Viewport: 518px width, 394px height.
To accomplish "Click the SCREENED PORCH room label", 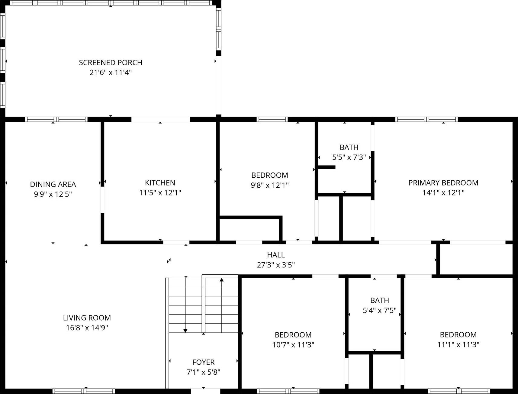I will pos(110,63).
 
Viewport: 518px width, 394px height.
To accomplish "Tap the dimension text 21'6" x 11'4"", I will pos(110,73).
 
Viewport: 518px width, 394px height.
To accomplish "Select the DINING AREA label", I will pos(53,184).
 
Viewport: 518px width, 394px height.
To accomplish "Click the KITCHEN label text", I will pos(160,183).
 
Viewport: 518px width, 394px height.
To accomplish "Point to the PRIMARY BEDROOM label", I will pos(443,183).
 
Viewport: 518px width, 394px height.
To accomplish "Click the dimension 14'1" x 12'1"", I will pos(443,193).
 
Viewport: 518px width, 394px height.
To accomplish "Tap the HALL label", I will pos(275,255).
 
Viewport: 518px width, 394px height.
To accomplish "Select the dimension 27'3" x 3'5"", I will pos(275,265).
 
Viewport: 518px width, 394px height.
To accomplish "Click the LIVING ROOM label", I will pos(87,318).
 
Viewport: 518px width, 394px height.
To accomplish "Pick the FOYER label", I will pos(203,362).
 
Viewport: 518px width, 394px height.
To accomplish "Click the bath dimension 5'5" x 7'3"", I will pos(349,157).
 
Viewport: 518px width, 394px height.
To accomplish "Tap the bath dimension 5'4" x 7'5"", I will pos(379,311).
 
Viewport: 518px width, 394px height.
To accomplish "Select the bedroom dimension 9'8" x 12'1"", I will pos(269,185).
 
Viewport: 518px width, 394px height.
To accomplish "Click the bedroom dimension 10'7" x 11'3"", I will pos(293,345).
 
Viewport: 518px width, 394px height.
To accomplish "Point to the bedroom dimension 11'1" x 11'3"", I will pos(458,345).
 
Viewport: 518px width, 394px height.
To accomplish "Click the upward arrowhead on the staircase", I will pos(222,280).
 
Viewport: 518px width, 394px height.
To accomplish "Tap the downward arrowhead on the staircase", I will pos(185,331).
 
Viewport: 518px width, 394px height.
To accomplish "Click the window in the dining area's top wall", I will pos(56,119).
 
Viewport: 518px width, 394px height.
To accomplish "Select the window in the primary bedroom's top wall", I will pos(426,119).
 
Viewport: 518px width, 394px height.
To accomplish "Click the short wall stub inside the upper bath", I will pos(327,167).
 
